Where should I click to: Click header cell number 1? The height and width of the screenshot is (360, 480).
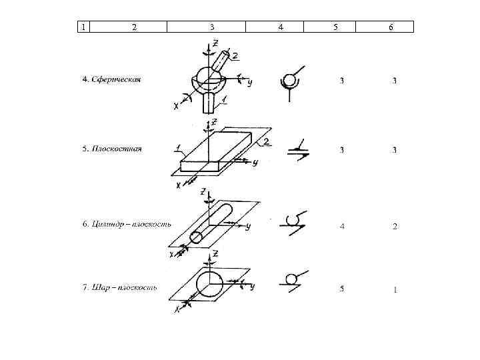pyautogui.click(x=82, y=27)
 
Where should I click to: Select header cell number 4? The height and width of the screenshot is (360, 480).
pyautogui.click(x=280, y=27)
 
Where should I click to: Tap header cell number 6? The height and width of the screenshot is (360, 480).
pyautogui.click(x=391, y=27)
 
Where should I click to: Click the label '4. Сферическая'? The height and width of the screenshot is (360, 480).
pyautogui.click(x=111, y=79)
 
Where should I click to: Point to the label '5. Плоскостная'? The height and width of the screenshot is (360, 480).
pyautogui.click(x=112, y=149)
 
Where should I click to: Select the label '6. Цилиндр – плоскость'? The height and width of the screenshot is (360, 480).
pyautogui.click(x=127, y=224)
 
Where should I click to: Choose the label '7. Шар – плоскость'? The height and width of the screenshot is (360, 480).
pyautogui.click(x=119, y=288)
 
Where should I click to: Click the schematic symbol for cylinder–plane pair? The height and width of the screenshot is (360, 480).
pyautogui.click(x=294, y=221)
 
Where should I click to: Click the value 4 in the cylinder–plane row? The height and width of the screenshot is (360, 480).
pyautogui.click(x=342, y=227)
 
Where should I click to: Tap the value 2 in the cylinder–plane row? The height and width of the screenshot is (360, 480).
pyautogui.click(x=395, y=227)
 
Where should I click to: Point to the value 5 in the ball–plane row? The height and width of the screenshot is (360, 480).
pyautogui.click(x=342, y=289)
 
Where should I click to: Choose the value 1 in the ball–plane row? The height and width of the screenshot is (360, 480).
pyautogui.click(x=395, y=289)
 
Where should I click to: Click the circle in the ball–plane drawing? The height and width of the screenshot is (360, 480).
pyautogui.click(x=209, y=283)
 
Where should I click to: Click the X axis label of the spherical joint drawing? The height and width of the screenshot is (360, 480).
pyautogui.click(x=177, y=105)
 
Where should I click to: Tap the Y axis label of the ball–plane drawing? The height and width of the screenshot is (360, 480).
pyautogui.click(x=253, y=287)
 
